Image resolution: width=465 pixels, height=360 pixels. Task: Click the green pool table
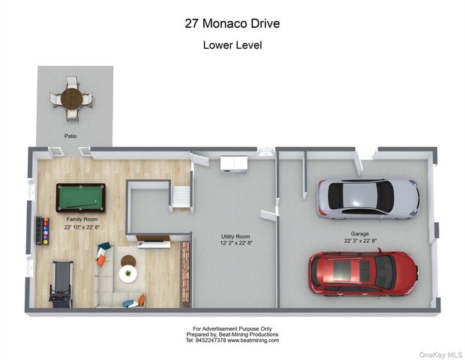(81, 198)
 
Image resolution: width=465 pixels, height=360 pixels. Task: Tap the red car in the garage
(363, 273)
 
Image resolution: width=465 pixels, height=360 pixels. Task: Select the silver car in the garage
(368, 199)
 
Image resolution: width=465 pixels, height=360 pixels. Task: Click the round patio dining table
(71, 98)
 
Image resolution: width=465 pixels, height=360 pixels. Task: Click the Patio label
(70, 136)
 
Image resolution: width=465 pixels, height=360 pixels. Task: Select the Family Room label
(82, 219)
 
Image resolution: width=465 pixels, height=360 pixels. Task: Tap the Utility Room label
(235, 236)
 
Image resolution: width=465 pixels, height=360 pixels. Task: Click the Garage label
(360, 234)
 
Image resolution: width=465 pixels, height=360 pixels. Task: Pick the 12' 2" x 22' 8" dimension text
(235, 244)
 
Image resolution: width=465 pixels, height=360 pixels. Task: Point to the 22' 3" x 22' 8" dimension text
(360, 241)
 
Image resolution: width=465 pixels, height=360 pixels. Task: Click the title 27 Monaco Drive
(232, 23)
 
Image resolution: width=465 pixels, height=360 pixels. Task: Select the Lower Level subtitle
(232, 45)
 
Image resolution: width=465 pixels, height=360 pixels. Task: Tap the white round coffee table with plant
(128, 274)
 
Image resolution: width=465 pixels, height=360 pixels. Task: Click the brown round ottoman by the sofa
(128, 261)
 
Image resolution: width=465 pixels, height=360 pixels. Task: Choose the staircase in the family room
(181, 197)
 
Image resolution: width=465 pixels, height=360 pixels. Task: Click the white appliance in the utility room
(234, 164)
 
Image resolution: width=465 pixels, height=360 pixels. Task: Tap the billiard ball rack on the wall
(43, 231)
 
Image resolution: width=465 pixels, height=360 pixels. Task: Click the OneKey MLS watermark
(440, 355)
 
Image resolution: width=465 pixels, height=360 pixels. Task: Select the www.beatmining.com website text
(253, 340)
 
